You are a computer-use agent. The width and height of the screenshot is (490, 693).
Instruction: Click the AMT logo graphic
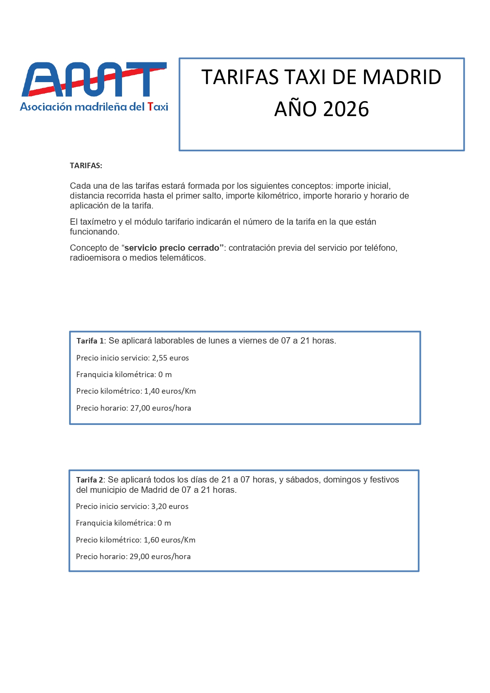[x=94, y=79]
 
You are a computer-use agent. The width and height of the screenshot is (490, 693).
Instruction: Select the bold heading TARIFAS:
[x=86, y=166]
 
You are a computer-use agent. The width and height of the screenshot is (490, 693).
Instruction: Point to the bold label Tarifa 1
[x=90, y=341]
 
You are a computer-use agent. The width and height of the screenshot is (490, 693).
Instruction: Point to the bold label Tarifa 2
[x=90, y=480]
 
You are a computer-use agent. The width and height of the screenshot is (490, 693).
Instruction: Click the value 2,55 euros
[x=170, y=358]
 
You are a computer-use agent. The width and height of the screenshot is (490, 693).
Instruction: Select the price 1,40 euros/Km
[x=170, y=391]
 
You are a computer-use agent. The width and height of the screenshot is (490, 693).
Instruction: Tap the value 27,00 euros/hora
[x=160, y=408]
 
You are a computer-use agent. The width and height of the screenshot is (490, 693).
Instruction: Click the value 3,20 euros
[x=170, y=507]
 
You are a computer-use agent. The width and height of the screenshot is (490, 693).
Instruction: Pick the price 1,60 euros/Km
[x=169, y=540]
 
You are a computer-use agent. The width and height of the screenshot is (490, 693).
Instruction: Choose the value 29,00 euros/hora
[x=160, y=557]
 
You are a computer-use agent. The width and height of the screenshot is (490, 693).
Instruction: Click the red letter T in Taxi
[x=150, y=107]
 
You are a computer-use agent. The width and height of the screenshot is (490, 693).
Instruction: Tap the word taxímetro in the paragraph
[x=98, y=222]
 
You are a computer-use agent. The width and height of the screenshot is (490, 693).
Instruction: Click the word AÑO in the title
[x=293, y=109]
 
